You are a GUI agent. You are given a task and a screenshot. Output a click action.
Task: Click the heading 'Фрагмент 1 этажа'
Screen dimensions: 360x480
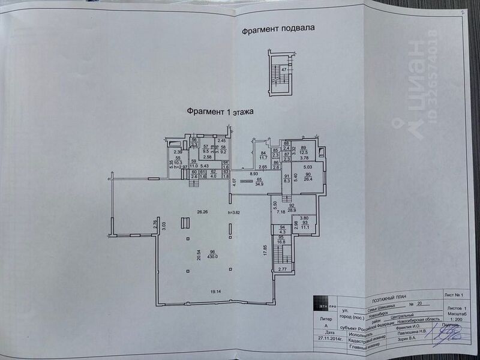pyautogui.click(x=220, y=111)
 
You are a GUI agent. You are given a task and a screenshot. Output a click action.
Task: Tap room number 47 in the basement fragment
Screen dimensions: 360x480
pyautogui.click(x=284, y=70)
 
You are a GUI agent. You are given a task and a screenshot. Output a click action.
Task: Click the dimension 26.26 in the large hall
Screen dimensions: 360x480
pyautogui.click(x=201, y=212)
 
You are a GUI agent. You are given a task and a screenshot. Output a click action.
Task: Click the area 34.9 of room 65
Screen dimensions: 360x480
pyautogui.click(x=260, y=184)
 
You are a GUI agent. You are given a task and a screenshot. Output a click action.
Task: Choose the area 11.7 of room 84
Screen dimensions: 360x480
pyautogui.click(x=263, y=158)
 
